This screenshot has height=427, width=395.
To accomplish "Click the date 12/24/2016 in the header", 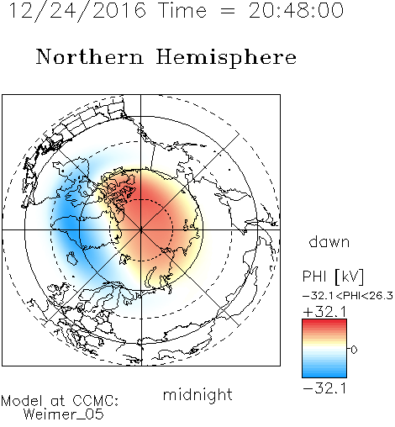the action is (x=77, y=10).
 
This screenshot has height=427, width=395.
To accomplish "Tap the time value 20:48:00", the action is (x=296, y=10).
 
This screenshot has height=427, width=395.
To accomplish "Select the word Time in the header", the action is (x=182, y=10).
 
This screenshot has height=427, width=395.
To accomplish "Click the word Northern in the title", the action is (x=90, y=56).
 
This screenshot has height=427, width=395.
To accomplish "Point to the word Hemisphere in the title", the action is (x=226, y=58).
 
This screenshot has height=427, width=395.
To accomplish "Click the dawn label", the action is (x=329, y=241).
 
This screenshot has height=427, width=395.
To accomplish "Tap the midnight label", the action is (x=197, y=394).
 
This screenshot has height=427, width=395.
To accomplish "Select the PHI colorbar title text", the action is (x=314, y=277).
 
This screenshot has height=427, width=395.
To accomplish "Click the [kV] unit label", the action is (x=349, y=277).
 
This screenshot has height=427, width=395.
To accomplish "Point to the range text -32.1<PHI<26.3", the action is (x=348, y=296).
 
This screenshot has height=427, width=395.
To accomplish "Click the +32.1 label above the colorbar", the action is (x=325, y=312).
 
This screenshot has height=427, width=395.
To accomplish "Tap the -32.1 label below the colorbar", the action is (x=325, y=388).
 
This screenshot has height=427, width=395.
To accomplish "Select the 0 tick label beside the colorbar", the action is (x=354, y=350).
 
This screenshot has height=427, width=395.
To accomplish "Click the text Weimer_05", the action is (x=64, y=414).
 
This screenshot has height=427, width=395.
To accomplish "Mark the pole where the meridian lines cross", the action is (x=141, y=229).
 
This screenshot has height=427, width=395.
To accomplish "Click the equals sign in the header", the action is (x=228, y=11).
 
